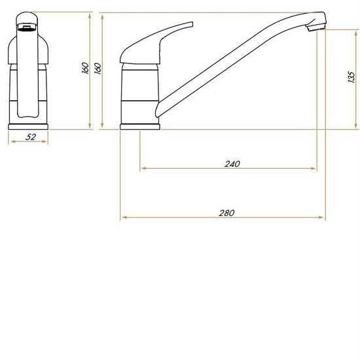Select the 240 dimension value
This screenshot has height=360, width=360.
tap(232, 164)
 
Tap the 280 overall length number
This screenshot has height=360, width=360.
tap(226, 213)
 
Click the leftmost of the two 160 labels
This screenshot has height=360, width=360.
tap(85, 68)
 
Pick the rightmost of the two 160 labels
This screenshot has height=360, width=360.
tap(98, 68)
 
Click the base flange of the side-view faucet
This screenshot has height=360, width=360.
tap(140, 126)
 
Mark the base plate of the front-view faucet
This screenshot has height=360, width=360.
tap(30, 125)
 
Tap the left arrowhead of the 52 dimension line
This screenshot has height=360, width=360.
tap(10, 142)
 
